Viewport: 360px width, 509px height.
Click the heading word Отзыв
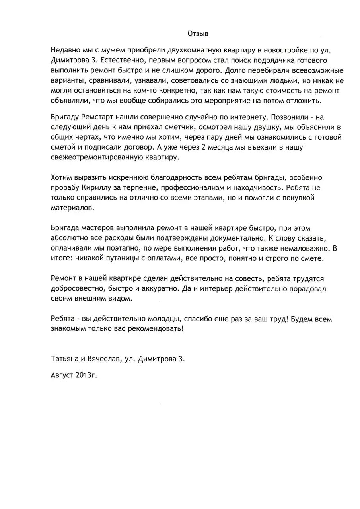tap(198, 33)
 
